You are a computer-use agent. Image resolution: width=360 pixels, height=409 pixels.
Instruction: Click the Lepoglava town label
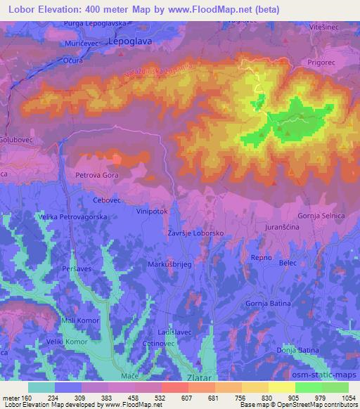(x=131, y=41)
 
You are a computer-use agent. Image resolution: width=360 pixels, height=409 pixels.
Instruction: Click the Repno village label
(x=262, y=258)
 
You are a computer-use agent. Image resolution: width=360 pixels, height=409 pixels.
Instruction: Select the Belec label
(x=288, y=261)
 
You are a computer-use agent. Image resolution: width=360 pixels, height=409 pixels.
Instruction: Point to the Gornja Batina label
(x=269, y=301)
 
